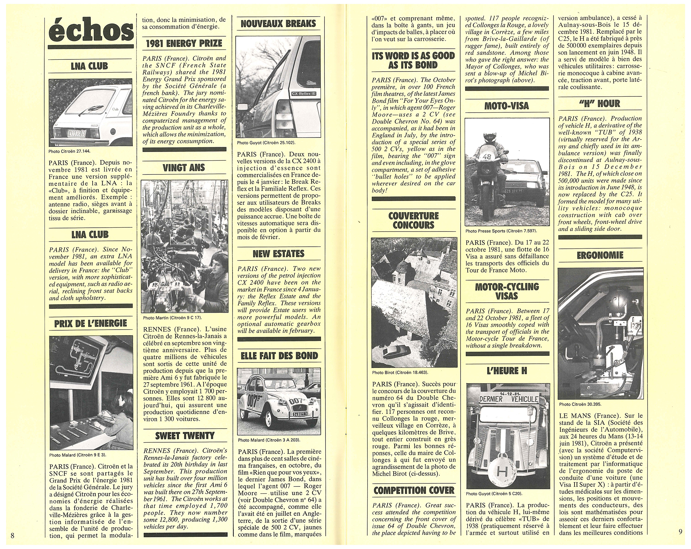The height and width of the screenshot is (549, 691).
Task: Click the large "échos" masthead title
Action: point(90,32)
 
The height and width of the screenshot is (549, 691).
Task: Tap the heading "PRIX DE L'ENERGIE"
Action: point(90,324)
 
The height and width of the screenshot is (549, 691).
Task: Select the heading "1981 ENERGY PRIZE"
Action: point(184,44)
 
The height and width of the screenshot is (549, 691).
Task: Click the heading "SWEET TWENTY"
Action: point(184,436)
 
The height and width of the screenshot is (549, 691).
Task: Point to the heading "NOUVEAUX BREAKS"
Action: point(278,24)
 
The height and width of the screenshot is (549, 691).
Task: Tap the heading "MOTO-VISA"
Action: point(507,106)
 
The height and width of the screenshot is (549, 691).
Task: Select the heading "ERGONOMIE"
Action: point(600,255)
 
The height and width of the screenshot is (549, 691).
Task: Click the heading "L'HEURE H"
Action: point(507,371)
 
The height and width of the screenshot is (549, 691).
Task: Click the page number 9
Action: point(680,532)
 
